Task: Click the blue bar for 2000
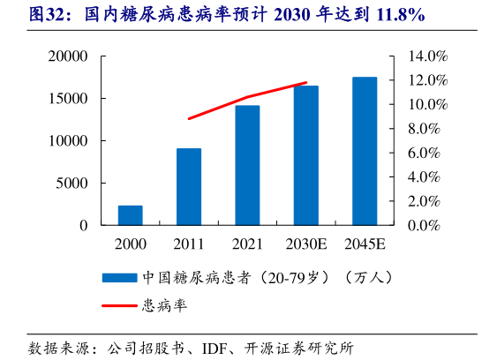click(x=130, y=215)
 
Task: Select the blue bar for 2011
click(x=189, y=187)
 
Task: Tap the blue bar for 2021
click(x=247, y=166)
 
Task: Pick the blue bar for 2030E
click(x=306, y=155)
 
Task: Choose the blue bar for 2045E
click(x=365, y=151)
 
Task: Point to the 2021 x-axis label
click(x=247, y=243)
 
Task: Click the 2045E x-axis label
click(x=365, y=243)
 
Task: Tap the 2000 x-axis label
click(x=130, y=243)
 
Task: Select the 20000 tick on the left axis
click(x=67, y=56)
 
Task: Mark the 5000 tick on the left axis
click(x=72, y=184)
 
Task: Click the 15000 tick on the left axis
click(x=67, y=99)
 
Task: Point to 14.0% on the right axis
click(x=429, y=56)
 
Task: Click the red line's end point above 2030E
click(x=306, y=83)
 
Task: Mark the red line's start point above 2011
click(x=189, y=118)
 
